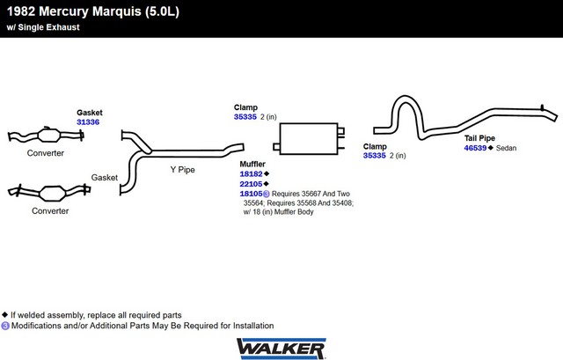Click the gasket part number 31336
(88, 122)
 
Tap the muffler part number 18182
(251, 174)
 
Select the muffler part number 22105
(251, 184)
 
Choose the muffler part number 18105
(251, 194)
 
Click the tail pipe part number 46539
(475, 148)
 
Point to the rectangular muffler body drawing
(309, 139)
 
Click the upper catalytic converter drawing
(46, 136)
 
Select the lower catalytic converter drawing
(49, 192)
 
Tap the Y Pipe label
(182, 170)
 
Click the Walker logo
(281, 349)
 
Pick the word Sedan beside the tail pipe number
(506, 148)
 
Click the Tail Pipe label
(479, 138)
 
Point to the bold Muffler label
(252, 164)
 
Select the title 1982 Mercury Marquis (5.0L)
(93, 11)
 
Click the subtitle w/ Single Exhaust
(43, 27)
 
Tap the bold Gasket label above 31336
(90, 113)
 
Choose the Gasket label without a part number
(104, 177)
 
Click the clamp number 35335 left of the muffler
(245, 117)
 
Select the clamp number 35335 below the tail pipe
(374, 156)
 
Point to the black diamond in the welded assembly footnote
(4, 315)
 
